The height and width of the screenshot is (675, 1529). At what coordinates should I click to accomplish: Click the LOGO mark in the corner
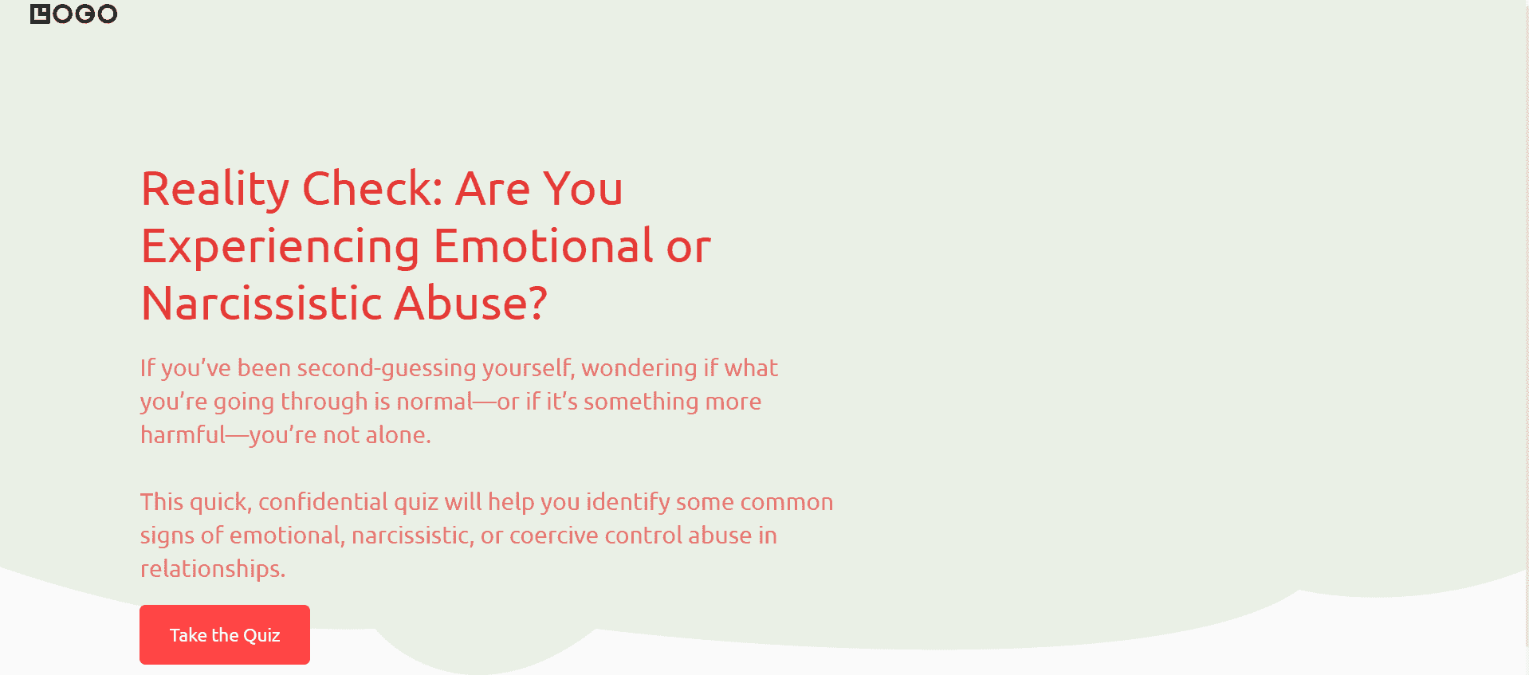click(x=73, y=14)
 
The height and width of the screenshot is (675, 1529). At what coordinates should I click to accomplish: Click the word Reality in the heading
click(x=215, y=190)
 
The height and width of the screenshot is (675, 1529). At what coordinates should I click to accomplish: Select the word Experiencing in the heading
click(x=281, y=247)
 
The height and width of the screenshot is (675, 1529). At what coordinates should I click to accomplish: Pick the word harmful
click(x=183, y=434)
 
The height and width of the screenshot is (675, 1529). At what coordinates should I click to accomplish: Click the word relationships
click(x=213, y=569)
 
